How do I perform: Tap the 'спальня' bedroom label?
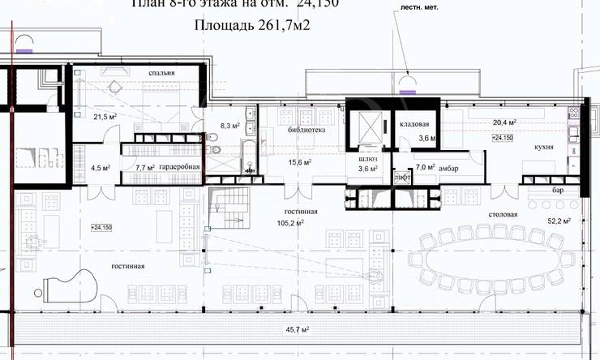click(x=162, y=75)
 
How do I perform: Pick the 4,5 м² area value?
click(x=101, y=169)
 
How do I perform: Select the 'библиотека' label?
click(x=306, y=130)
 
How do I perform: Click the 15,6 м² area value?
click(x=300, y=162)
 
